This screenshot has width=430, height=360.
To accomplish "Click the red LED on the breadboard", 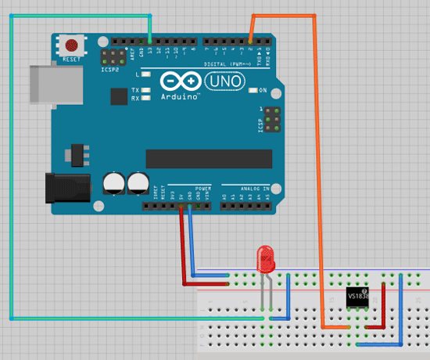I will [x=266, y=257].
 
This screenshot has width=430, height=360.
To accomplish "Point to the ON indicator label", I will [x=263, y=91].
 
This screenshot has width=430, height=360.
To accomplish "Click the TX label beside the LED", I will [x=135, y=90].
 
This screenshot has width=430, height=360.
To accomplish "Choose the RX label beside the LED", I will [x=135, y=99].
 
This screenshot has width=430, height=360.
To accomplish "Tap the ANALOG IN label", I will [x=254, y=189].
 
